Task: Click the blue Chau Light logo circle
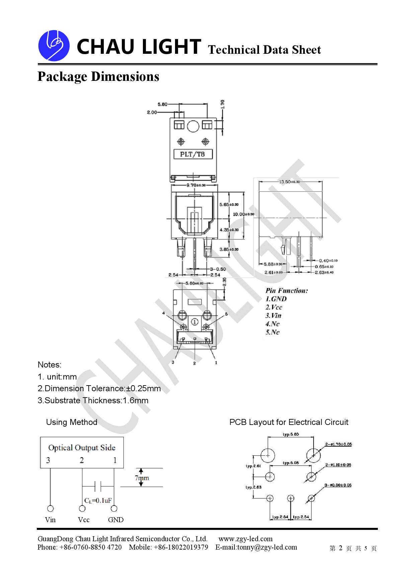click(54, 46)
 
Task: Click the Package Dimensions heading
click(98, 77)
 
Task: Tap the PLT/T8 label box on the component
click(193, 154)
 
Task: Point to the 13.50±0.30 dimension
click(289, 182)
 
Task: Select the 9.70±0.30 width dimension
click(196, 185)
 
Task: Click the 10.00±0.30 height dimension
click(243, 214)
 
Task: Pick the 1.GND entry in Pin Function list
click(276, 299)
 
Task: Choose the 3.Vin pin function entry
click(273, 316)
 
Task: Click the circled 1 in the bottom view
click(195, 322)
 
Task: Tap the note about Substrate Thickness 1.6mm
click(93, 401)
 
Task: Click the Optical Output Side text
click(82, 448)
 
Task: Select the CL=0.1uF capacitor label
click(98, 500)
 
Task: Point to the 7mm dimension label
click(142, 478)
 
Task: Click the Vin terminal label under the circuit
click(50, 520)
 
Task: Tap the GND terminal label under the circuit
click(116, 520)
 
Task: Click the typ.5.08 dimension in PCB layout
click(290, 463)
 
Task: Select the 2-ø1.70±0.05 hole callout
click(338, 444)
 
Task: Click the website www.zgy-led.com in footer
click(245, 539)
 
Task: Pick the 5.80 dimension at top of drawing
click(162, 104)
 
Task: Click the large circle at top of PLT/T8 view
click(193, 126)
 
